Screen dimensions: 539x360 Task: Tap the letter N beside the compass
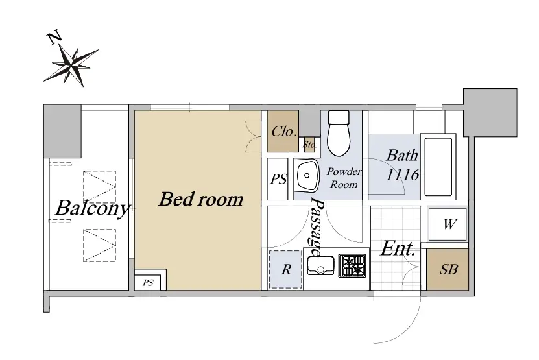(54, 38)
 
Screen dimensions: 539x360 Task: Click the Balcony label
(93, 208)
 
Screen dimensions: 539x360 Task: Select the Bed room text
(201, 199)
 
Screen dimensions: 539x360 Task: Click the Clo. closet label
(284, 131)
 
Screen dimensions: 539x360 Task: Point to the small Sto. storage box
(310, 145)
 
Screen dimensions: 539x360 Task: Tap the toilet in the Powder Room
(339, 133)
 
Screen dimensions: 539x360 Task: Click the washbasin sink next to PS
(307, 176)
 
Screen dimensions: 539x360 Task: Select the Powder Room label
(344, 178)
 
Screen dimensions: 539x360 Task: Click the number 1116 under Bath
(402, 174)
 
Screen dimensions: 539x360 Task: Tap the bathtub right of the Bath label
(438, 167)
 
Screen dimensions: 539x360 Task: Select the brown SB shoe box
(448, 269)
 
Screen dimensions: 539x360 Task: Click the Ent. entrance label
(398, 248)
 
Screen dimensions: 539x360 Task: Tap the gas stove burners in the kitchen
(352, 265)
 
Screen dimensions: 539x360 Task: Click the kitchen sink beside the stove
(320, 265)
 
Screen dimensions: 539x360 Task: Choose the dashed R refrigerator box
(285, 269)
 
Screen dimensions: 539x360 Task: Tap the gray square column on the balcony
(62, 131)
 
